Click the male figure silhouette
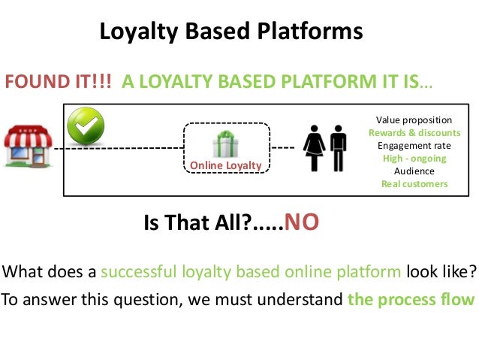pos(338,148)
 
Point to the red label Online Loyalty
pos(225,165)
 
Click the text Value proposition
pos(414,120)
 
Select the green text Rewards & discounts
pos(414,133)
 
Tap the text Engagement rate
pos(414,146)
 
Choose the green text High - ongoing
pos(414,159)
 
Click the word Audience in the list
pos(414,171)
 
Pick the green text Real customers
pos(414,184)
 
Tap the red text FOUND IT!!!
pos(59,82)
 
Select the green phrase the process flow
pos(411,301)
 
